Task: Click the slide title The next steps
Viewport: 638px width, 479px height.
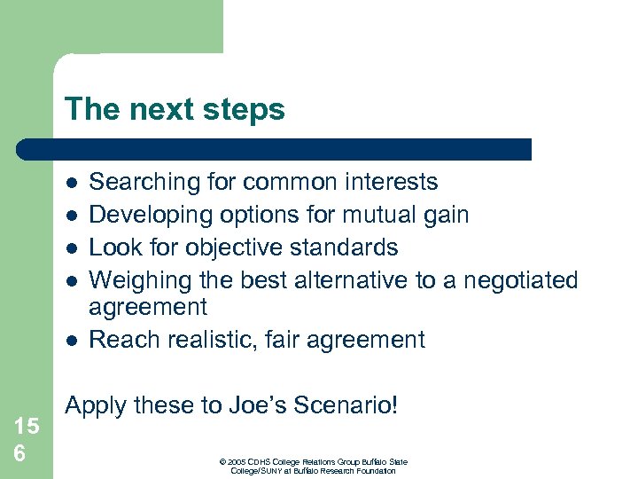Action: pyautogui.click(x=175, y=110)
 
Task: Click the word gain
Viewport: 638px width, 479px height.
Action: pyautogui.click(x=442, y=216)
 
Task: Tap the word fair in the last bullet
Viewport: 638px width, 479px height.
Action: pyautogui.click(x=289, y=340)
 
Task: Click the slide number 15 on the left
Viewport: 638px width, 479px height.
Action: pyautogui.click(x=27, y=426)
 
